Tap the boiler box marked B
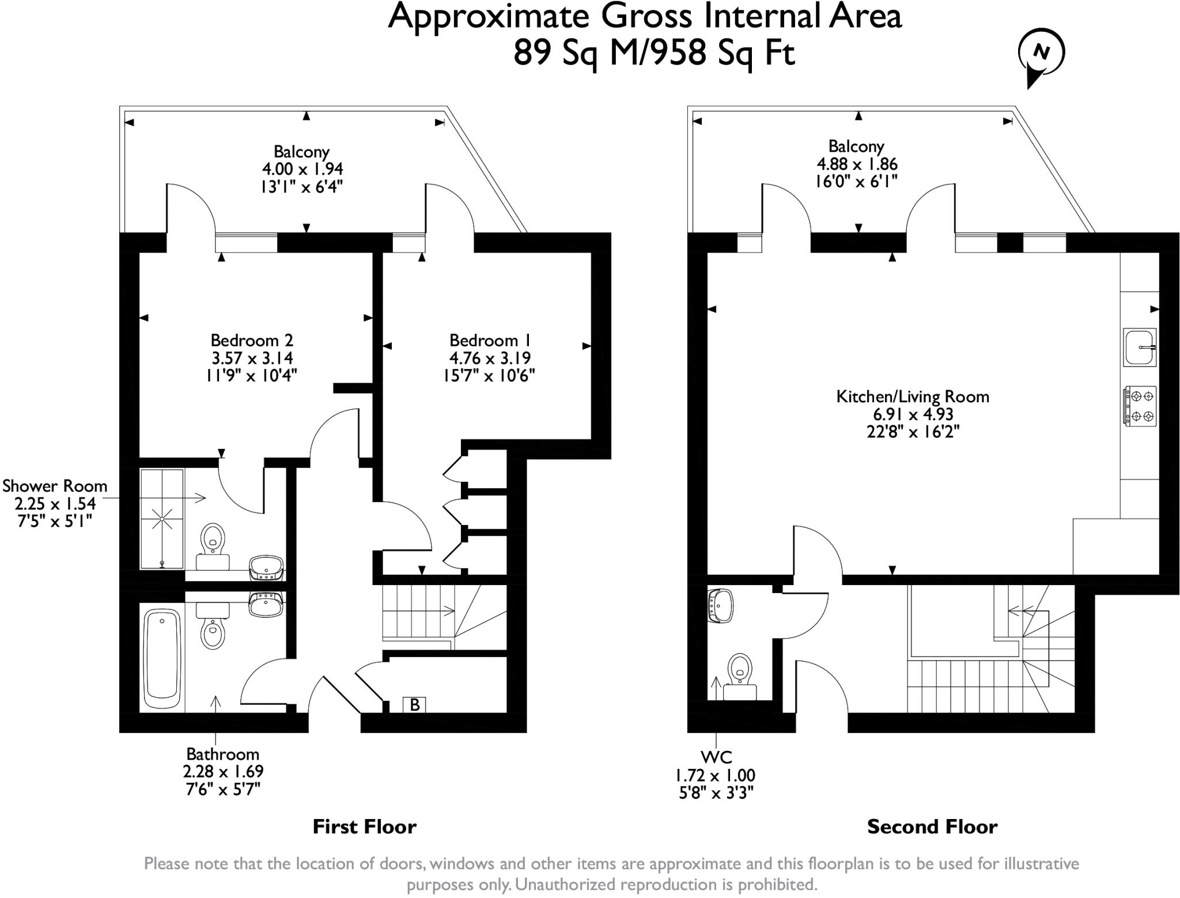[x=414, y=704]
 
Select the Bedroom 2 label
[x=252, y=340]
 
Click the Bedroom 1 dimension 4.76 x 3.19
[x=490, y=358]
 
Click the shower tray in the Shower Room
[x=162, y=518]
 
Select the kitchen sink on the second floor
[x=1139, y=347]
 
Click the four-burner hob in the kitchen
[x=1140, y=406]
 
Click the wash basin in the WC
[x=720, y=606]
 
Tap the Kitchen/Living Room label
[x=913, y=397]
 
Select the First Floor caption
[x=364, y=827]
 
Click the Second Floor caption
[x=932, y=827]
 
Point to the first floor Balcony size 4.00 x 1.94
[x=302, y=169]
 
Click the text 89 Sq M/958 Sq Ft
[x=654, y=54]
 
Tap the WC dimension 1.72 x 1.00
[x=715, y=775]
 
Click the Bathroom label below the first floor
[x=222, y=754]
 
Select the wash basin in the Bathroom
[x=266, y=605]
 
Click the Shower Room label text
[x=55, y=486]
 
